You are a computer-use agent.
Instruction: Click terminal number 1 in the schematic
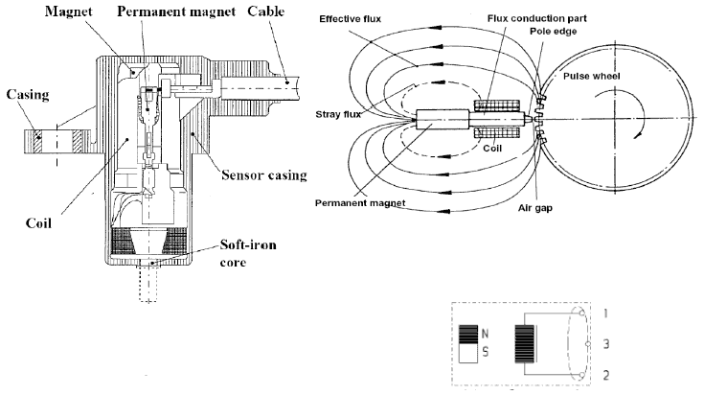coord(606,313)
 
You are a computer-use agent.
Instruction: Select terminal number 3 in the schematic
coord(606,342)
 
